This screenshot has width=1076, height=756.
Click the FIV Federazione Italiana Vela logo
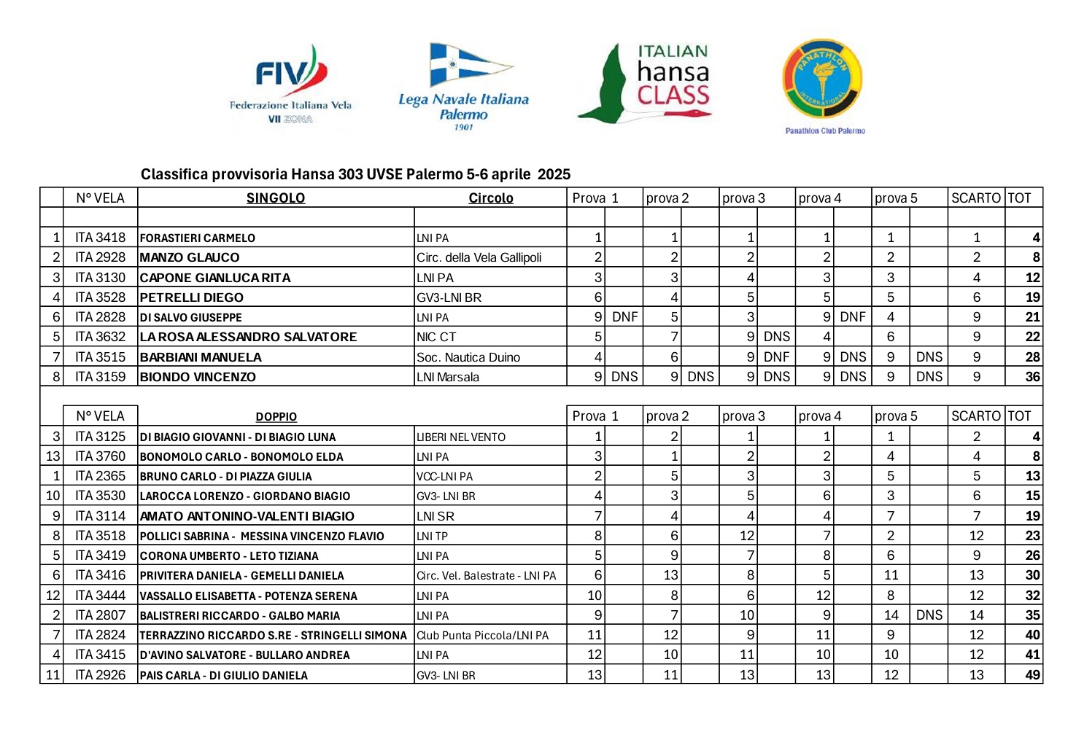290,85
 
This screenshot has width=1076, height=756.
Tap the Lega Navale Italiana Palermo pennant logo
464,86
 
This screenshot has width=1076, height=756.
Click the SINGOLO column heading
275,198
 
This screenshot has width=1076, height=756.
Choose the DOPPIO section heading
276,417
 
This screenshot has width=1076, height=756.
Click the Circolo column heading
490,198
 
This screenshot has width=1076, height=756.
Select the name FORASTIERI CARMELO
198,238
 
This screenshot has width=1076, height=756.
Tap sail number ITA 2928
100,257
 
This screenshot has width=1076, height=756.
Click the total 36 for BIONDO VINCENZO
1032,377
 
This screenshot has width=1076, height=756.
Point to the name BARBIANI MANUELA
201,357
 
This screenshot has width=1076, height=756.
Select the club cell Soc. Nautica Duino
468,357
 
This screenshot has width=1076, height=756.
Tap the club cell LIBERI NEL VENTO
460,437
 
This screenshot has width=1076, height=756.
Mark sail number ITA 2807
100,615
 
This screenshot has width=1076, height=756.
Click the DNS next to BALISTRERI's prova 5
929,615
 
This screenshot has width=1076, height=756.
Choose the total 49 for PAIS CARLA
1032,675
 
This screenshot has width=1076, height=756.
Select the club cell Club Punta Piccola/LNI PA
482,636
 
